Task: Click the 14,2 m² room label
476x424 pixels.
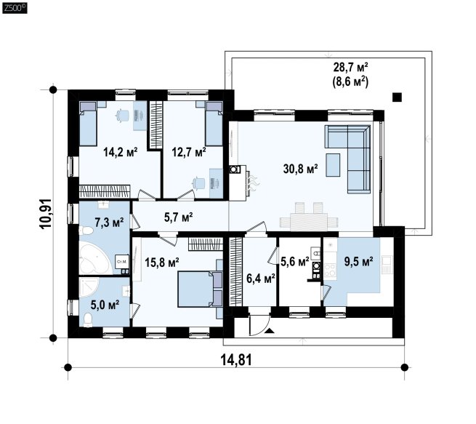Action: (121, 152)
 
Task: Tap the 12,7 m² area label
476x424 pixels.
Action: (189, 152)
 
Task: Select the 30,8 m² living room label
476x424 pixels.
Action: (301, 169)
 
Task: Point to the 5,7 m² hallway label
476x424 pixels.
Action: (179, 217)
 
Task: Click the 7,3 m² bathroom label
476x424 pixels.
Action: (109, 223)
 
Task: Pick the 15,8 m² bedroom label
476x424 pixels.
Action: (162, 262)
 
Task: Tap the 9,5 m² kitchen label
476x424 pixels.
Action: (358, 261)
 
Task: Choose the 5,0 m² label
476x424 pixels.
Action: (105, 305)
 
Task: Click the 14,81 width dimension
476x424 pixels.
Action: (236, 361)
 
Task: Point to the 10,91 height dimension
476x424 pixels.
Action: (46, 214)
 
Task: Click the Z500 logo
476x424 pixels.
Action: (15, 8)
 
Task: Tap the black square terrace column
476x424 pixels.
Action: (397, 97)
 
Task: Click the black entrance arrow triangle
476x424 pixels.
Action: (270, 331)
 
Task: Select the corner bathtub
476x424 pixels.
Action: (94, 258)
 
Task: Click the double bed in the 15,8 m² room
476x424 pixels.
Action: (200, 289)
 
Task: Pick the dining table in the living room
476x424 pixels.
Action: (309, 222)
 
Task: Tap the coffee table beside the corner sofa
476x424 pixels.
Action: (333, 165)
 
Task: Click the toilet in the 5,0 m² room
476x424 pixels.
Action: (88, 320)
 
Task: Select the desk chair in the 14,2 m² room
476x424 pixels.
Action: (123, 116)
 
